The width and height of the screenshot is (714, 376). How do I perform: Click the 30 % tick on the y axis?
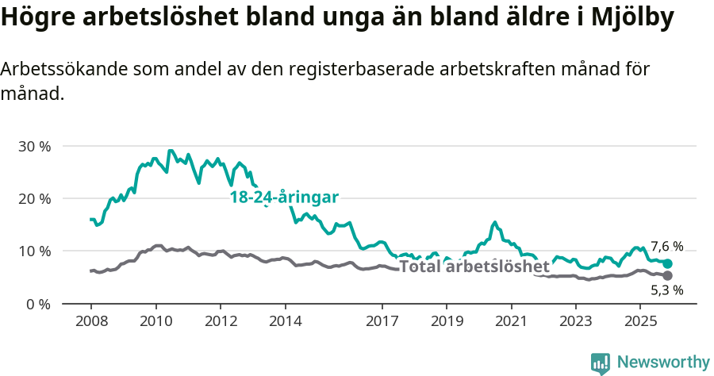point(34,147)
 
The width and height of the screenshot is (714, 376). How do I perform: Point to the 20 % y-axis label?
point(34,199)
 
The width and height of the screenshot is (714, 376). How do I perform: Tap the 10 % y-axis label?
point(34,251)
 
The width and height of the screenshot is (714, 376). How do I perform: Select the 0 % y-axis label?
point(38,304)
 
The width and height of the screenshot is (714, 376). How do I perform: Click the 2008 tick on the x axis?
point(91,321)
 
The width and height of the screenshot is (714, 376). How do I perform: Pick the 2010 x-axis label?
point(155,321)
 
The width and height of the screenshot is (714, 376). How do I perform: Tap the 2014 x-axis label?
point(285,321)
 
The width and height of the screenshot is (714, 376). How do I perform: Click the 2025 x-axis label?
point(640,321)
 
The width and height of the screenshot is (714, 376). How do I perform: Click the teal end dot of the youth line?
point(667,263)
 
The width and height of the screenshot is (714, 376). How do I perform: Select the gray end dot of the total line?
point(667,275)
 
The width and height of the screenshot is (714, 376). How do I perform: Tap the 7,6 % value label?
point(666,247)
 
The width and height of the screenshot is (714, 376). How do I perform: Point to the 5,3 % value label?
point(666,291)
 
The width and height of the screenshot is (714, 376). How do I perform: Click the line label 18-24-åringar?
point(284,198)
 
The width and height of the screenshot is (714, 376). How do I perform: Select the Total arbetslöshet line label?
point(474,267)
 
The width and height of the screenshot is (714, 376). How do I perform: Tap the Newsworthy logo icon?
point(601,363)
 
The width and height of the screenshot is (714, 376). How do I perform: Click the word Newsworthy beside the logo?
point(663,363)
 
